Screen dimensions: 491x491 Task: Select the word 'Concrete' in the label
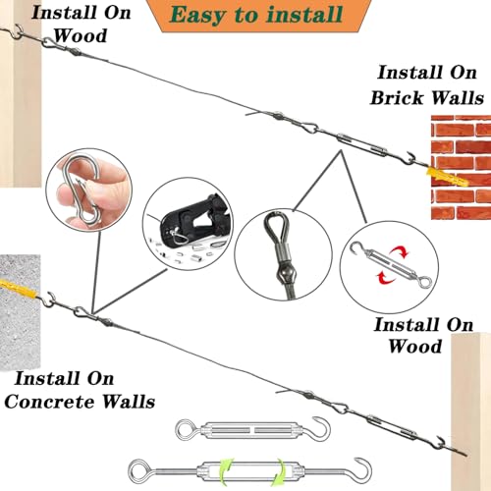(48, 402)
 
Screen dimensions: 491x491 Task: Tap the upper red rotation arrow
(400, 252)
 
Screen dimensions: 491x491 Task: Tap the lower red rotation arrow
(386, 278)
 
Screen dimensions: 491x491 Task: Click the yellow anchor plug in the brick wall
(447, 177)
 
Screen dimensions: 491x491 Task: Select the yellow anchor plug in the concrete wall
(19, 288)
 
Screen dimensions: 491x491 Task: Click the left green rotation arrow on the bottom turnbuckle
(226, 473)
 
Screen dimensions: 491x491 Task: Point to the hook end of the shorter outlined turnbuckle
(321, 426)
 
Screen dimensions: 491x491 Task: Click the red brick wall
(461, 167)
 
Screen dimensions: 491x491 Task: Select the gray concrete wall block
(20, 312)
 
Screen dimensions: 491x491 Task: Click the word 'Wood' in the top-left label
(81, 35)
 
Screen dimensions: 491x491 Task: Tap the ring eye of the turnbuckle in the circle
(426, 281)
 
